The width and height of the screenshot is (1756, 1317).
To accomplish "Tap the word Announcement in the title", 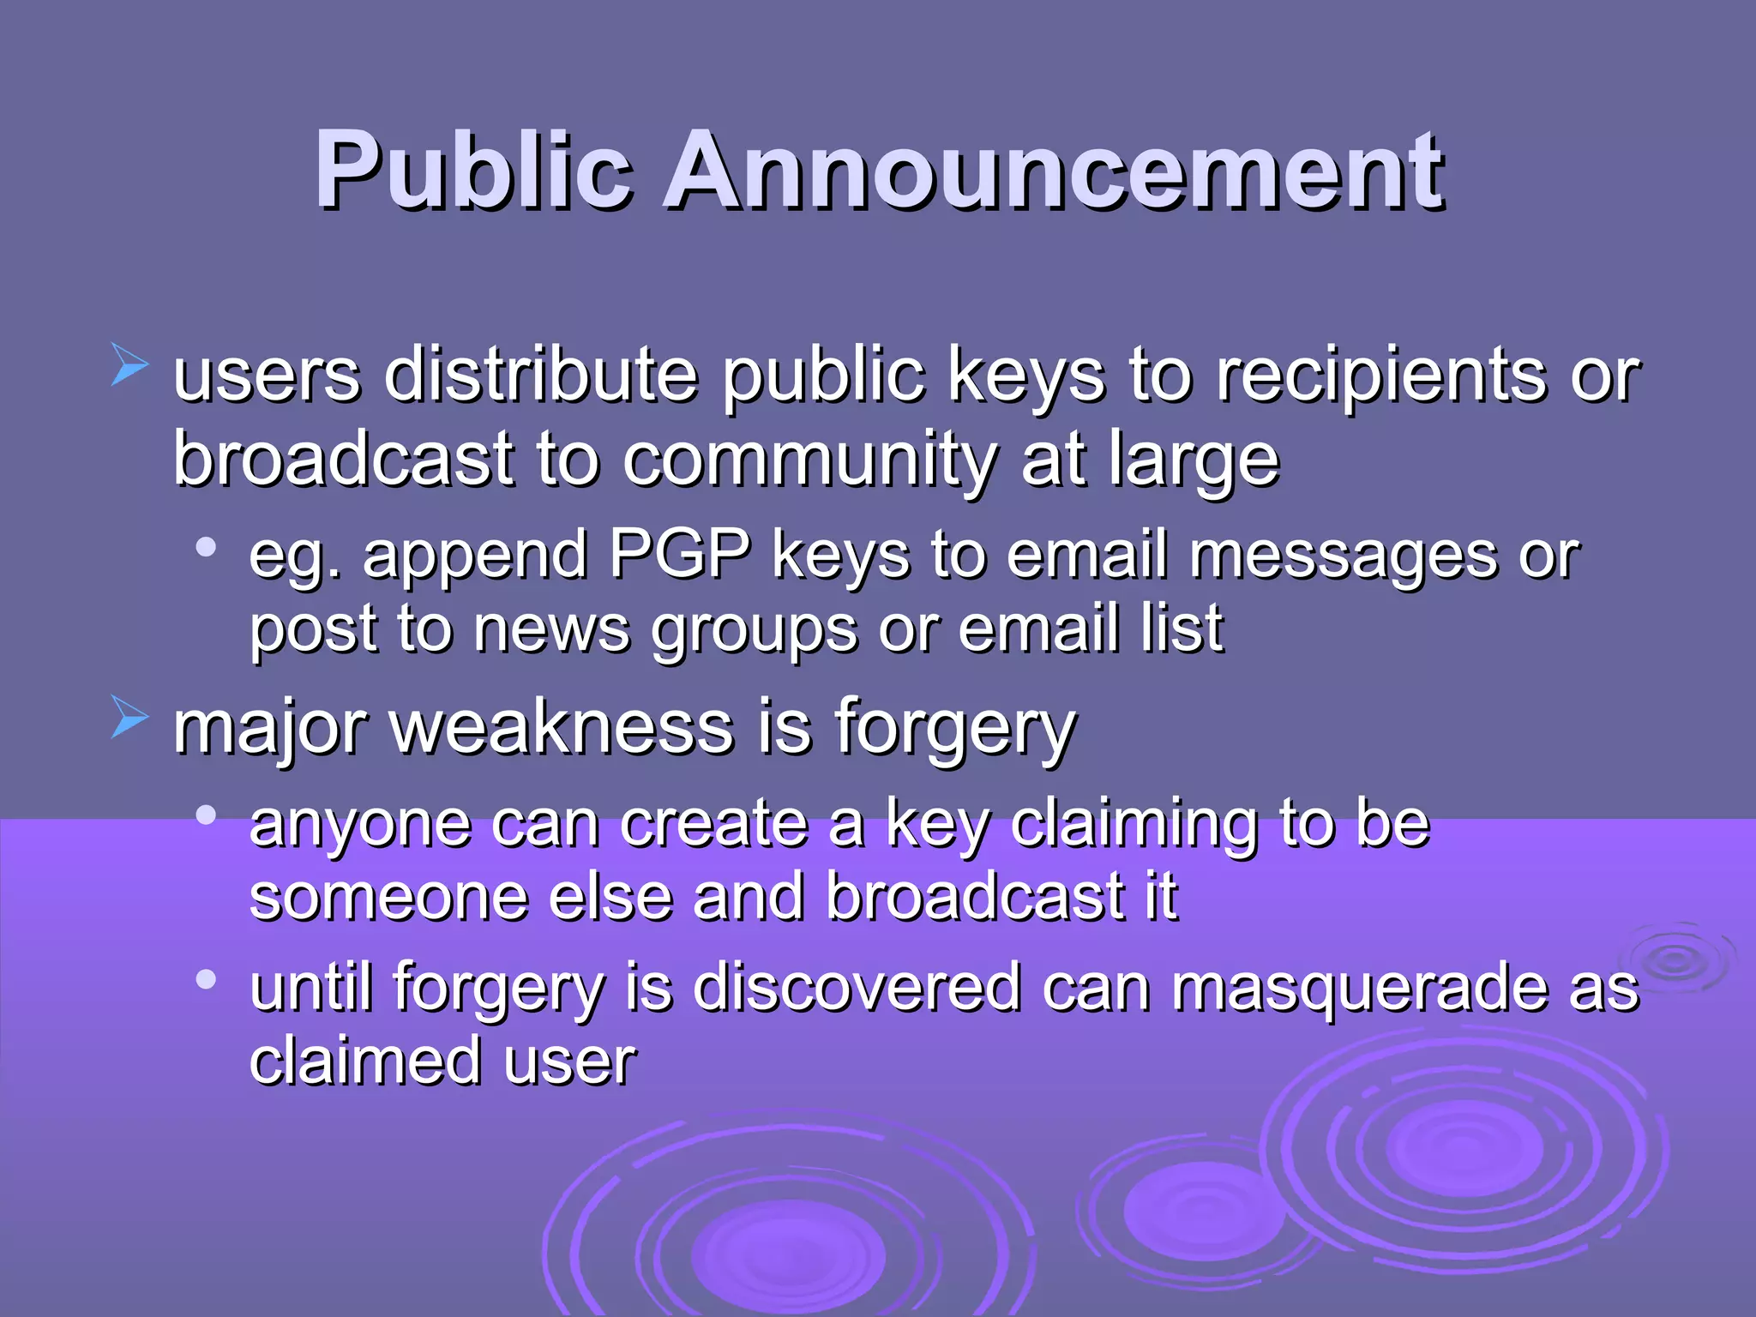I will point(1055,171).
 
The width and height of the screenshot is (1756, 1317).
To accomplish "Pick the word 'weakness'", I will point(562,729).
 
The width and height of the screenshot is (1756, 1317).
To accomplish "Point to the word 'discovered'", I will point(857,988).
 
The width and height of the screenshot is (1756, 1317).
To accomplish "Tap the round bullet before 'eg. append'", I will point(206,546).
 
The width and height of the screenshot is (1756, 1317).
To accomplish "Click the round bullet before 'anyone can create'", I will point(206,815).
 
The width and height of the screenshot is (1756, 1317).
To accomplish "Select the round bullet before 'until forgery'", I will point(206,978).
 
